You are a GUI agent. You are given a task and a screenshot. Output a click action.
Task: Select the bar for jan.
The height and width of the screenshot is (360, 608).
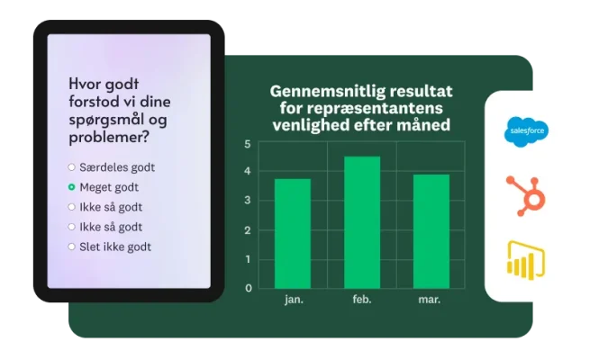click(x=292, y=233)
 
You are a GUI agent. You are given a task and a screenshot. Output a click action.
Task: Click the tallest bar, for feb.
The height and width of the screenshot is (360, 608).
click(x=362, y=222)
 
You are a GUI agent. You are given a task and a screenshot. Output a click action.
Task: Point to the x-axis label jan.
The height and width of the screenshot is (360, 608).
click(x=293, y=300)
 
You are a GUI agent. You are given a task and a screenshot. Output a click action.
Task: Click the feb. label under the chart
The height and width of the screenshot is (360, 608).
click(x=362, y=300)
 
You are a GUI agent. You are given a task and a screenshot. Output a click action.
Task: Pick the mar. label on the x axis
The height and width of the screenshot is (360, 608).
click(x=431, y=300)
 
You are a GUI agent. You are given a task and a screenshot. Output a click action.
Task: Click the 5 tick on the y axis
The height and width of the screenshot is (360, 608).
click(x=248, y=144)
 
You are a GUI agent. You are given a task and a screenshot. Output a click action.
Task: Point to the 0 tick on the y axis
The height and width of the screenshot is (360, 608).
click(x=248, y=288)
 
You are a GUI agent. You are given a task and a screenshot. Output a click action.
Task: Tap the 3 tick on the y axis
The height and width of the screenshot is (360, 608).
click(x=248, y=202)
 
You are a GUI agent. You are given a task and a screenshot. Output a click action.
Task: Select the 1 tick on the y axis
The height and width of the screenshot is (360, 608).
click(x=248, y=259)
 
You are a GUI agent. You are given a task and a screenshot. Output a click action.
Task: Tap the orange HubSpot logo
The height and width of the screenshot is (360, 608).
click(x=526, y=195)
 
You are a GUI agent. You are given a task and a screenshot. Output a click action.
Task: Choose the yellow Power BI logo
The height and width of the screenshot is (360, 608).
click(x=526, y=260)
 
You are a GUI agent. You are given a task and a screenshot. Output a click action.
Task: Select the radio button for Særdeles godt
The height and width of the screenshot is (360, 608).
click(x=72, y=167)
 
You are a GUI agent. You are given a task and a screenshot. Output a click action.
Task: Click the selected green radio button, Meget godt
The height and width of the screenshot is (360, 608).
click(x=72, y=187)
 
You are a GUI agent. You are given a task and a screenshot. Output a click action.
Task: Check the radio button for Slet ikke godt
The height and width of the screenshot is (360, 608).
click(x=72, y=247)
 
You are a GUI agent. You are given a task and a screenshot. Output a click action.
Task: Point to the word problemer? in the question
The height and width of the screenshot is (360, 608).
click(x=109, y=138)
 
